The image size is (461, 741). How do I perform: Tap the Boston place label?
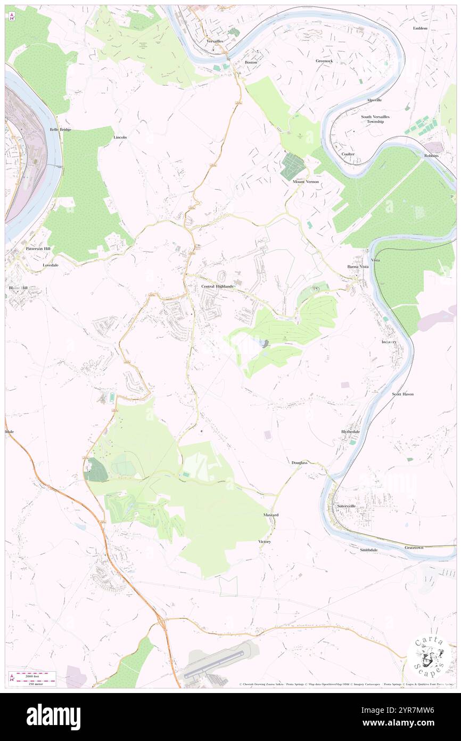point(251,62)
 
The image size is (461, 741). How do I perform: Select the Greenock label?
point(324,61)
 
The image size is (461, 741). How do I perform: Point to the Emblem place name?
point(420,28)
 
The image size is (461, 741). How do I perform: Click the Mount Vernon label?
point(306,182)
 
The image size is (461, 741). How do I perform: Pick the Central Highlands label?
point(217,286)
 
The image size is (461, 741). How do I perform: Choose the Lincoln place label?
point(120,137)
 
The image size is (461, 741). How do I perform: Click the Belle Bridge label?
point(60,130)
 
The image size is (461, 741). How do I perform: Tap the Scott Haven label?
point(402,394)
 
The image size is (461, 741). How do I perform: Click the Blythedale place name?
point(350,432)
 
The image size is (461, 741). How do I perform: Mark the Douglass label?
point(299,463)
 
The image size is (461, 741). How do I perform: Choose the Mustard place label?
point(271,515)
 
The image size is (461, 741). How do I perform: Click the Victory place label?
point(265,542)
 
